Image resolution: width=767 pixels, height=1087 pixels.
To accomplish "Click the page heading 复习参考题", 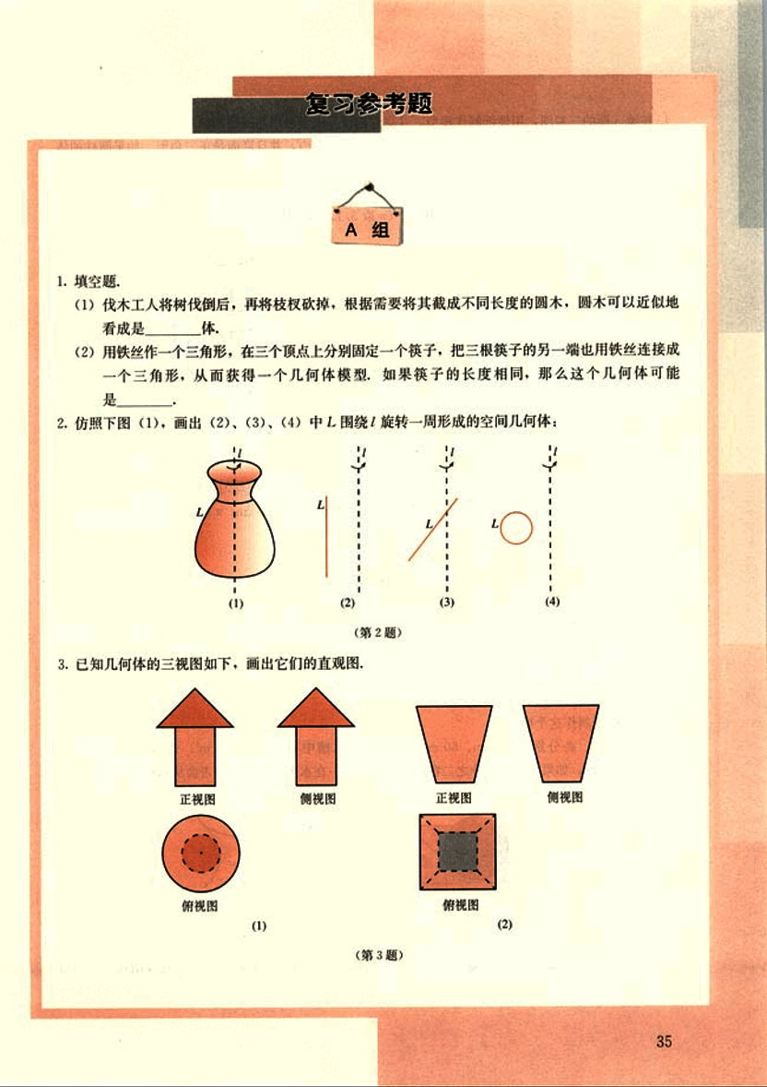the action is pos(369,104).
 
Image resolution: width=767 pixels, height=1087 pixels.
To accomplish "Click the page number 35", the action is pos(664,1041).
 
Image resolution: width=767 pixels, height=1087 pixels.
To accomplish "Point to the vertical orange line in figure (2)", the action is pos(327,536).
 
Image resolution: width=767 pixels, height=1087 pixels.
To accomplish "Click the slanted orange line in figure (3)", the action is pos(433,529).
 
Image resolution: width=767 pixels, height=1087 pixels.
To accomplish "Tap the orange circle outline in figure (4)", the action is pos(516,529).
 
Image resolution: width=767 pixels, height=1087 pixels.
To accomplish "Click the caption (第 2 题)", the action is pos(378,632).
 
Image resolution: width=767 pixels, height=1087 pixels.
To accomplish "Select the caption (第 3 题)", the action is pos(379,955).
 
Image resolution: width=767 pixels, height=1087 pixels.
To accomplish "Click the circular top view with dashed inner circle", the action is pos(201,854).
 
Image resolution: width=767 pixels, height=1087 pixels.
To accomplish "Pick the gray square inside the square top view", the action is pos(458,852).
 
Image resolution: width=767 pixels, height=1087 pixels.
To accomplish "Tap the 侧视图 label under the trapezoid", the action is pos(565,797).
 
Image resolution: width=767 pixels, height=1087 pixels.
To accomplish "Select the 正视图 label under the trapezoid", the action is pos(454,798).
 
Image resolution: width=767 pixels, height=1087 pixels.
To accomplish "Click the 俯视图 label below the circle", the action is pos(200,905).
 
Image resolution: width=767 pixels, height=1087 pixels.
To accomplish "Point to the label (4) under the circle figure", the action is pos(552,602).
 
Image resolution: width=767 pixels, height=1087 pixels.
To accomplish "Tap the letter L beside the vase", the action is pos(199,513).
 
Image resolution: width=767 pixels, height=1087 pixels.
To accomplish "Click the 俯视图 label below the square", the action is pos(461,905).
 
